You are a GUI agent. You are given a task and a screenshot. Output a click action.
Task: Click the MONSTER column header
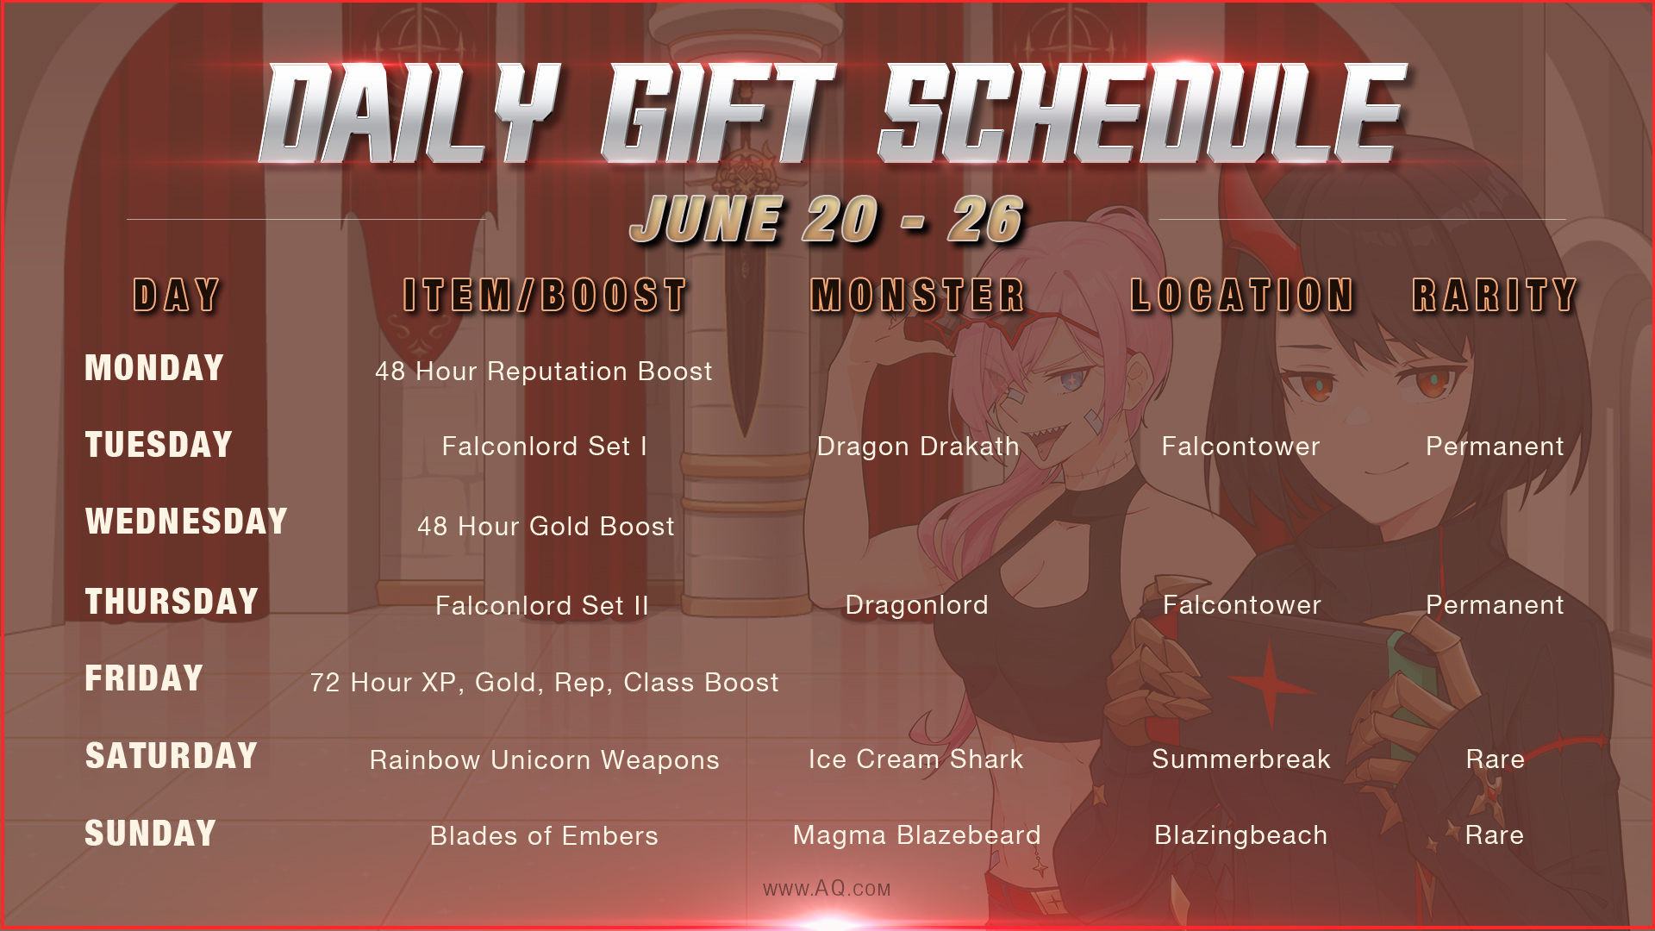pos(918,296)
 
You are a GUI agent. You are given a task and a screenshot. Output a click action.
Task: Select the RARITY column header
pos(1495,296)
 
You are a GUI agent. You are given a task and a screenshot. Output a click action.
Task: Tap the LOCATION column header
pos(1242,296)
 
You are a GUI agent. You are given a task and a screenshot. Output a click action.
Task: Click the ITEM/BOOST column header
pos(545,296)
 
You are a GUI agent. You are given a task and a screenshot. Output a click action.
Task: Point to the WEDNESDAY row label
pos(186,522)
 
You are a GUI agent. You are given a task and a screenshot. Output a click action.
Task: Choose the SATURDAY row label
pos(171,756)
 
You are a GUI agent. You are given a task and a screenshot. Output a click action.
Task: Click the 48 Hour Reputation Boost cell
pos(544,372)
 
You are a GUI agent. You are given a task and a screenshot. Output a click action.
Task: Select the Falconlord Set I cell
pos(544,447)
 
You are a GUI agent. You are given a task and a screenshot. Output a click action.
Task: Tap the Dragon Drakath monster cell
pos(918,447)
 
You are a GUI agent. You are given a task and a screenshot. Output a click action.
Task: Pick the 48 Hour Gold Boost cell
pos(546,527)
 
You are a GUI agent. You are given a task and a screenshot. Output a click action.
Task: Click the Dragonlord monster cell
pos(916,605)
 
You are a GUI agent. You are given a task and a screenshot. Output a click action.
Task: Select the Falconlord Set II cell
pos(542,606)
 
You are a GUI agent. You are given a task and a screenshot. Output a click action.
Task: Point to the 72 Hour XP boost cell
pos(545,683)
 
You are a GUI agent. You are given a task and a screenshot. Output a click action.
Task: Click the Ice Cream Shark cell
pos(915,759)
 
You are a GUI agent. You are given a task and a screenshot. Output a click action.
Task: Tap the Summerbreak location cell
pos(1241,759)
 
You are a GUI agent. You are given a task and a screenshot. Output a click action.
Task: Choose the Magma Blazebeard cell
pos(917,835)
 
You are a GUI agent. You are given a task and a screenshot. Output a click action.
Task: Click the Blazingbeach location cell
pos(1241,835)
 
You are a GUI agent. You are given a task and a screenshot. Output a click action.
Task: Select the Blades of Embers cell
pos(544,836)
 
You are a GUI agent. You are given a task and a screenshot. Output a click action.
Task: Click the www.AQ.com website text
pos(827,889)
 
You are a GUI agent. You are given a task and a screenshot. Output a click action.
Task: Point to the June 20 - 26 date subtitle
pos(827,219)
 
